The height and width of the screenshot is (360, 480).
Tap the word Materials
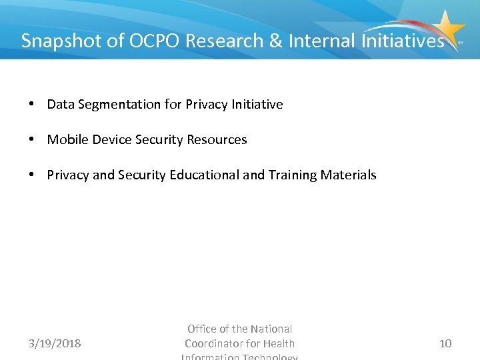tap(348, 175)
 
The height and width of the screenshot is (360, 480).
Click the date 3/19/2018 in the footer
tap(55, 344)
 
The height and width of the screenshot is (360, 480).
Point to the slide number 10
tap(445, 344)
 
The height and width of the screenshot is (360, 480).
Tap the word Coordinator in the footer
tap(212, 344)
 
